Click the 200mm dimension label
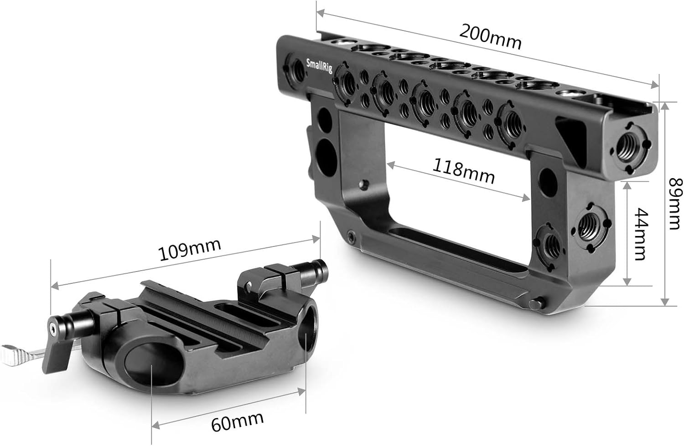[x=490, y=37]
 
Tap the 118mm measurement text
[x=463, y=171]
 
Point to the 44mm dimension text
[x=641, y=234]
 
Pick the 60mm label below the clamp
[x=237, y=420]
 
